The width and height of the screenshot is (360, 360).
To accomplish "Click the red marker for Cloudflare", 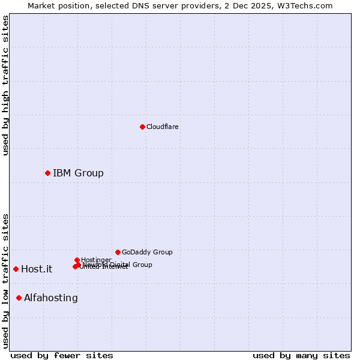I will pyautogui.click(x=142, y=127).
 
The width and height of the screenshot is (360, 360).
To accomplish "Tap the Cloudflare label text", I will pyautogui.click(x=163, y=127).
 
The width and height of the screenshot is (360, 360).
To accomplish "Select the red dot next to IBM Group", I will pyautogui.click(x=47, y=173).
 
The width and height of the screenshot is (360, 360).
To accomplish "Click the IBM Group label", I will pyautogui.click(x=78, y=173).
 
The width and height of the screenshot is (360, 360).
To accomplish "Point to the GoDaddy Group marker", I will pyautogui.click(x=118, y=252).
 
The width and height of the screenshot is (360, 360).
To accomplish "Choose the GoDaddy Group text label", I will pyautogui.click(x=147, y=252).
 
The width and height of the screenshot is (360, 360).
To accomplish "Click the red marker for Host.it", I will pyautogui.click(x=16, y=269).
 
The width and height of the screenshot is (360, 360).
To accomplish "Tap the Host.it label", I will pyautogui.click(x=37, y=269).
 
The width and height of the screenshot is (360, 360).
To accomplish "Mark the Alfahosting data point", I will pyautogui.click(x=19, y=298).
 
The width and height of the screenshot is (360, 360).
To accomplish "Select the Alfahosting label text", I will pyautogui.click(x=51, y=298).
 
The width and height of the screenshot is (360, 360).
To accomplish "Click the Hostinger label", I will pyautogui.click(x=96, y=260).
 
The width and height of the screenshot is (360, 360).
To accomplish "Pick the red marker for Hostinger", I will pyautogui.click(x=77, y=260).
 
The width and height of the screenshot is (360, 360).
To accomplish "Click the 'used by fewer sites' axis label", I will pyautogui.click(x=62, y=355).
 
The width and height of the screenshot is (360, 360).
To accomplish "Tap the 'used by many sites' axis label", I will pyautogui.click(x=301, y=355).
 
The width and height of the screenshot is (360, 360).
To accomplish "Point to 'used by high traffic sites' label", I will pyautogui.click(x=5, y=85).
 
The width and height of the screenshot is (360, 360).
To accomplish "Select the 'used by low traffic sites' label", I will pyautogui.click(x=5, y=280).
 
